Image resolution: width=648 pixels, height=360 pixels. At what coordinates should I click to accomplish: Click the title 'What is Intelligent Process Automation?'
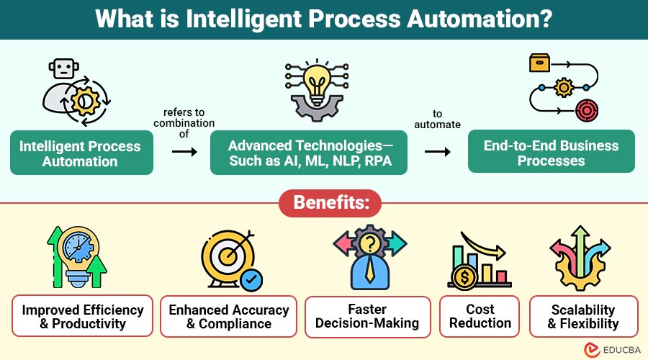pos(324,19)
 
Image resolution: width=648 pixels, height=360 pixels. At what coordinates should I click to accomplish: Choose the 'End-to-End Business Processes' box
pos(551,153)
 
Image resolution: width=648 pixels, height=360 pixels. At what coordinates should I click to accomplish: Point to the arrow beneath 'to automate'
pos(436,152)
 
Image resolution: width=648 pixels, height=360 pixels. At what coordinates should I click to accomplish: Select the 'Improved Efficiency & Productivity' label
pos(82,316)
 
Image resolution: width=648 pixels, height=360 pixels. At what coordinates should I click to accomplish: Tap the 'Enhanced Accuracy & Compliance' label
pos(228,316)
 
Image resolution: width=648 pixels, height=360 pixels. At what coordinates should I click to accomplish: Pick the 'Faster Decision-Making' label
pos(367,316)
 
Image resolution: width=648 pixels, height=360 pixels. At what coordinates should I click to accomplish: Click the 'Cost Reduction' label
pos(480,316)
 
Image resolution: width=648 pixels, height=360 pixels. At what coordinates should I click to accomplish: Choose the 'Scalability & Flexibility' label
pos(584,316)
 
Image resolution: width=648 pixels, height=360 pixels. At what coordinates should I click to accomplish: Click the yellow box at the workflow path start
pos(539,63)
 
